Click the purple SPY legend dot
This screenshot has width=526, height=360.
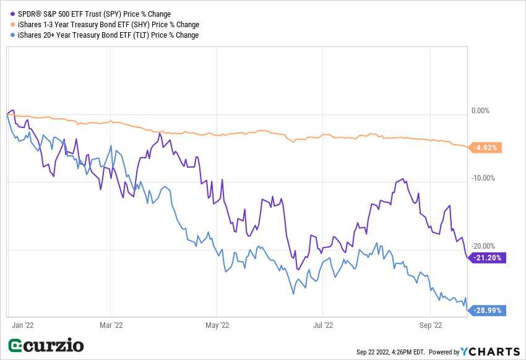tap(12, 14)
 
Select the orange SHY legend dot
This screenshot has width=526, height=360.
tap(12, 24)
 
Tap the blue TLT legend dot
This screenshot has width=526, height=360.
tap(12, 35)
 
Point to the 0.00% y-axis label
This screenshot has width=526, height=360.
tap(480, 111)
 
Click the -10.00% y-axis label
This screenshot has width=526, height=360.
tap(482, 178)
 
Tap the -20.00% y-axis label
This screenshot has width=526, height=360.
tap(482, 246)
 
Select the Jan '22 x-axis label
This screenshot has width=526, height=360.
tap(22, 324)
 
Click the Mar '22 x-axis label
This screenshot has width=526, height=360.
tap(110, 324)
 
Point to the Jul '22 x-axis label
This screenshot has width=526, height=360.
tap(324, 324)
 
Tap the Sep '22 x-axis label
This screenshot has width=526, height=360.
tap(431, 324)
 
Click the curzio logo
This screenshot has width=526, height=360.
tap(46, 345)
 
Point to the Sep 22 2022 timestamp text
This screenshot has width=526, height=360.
tap(390, 352)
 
